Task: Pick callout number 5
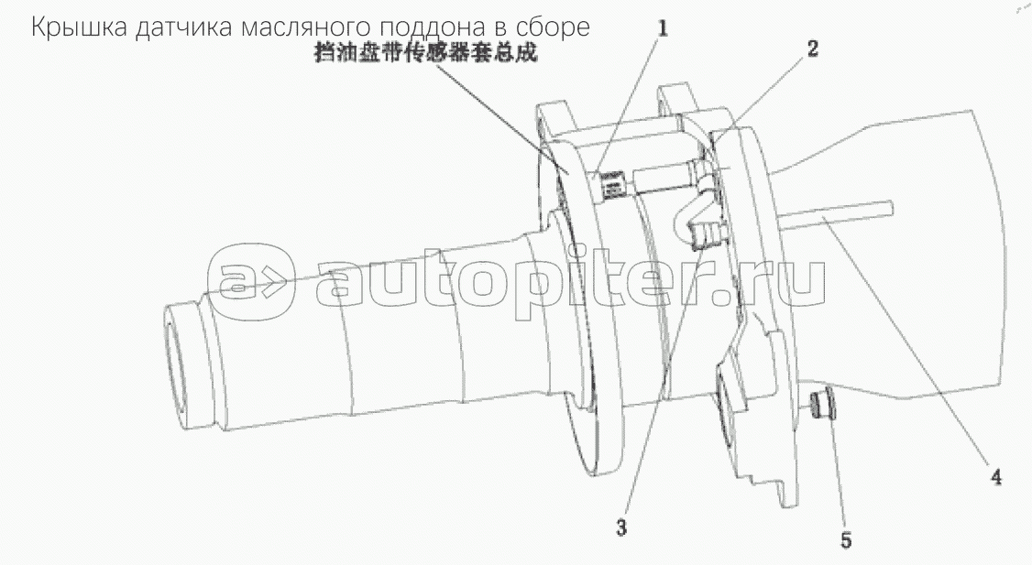coord(845,541)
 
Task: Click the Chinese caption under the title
coord(423,55)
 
